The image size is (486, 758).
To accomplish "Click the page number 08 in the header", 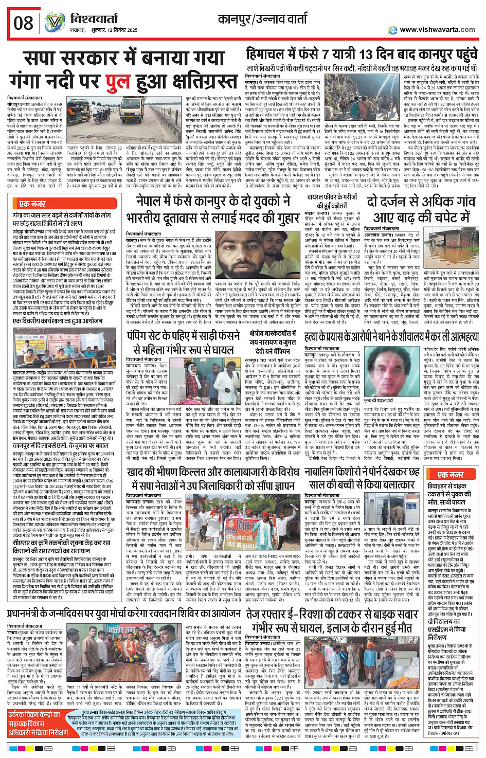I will pyautogui.click(x=23, y=23).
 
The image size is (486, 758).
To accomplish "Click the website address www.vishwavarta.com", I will pyautogui.click(x=437, y=29).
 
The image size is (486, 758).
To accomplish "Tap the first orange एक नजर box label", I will pyautogui.click(x=32, y=204).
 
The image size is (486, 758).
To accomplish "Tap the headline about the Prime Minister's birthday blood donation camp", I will pyautogui.click(x=123, y=613).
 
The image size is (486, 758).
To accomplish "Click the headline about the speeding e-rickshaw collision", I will pyautogui.click(x=332, y=620).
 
